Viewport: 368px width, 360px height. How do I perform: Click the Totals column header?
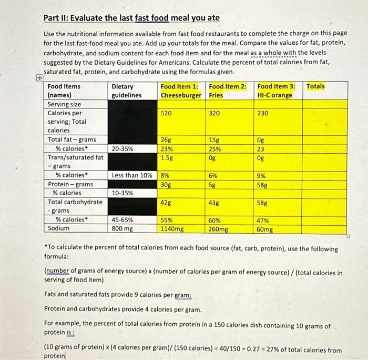click(x=315, y=86)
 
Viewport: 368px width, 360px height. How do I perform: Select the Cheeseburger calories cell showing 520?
click(x=167, y=113)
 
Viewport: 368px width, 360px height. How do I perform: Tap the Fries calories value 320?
click(x=214, y=113)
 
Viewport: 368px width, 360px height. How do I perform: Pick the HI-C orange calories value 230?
click(x=263, y=113)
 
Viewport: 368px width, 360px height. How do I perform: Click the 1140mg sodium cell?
click(x=172, y=229)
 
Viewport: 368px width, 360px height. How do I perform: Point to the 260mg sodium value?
click(x=219, y=229)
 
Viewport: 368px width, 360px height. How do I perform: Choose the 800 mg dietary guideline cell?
click(x=122, y=229)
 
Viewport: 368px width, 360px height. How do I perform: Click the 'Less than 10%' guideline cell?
click(x=132, y=175)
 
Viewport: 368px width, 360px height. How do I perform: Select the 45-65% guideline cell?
click(x=122, y=220)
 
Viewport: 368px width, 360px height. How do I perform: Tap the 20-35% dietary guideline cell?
click(x=122, y=148)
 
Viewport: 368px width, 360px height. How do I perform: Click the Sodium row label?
click(x=58, y=229)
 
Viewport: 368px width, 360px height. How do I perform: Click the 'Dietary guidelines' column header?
click(x=127, y=91)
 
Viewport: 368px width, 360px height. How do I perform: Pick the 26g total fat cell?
click(x=166, y=139)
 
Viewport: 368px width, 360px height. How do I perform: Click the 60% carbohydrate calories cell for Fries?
click(x=214, y=221)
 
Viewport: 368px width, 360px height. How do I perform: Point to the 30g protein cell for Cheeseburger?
click(x=166, y=184)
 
